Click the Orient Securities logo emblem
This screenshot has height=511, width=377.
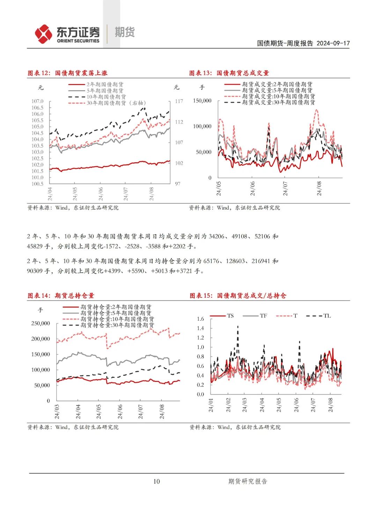tap(43, 34)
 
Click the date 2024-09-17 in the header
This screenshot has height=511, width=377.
tap(333, 43)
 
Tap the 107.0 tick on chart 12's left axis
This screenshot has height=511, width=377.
tap(37, 101)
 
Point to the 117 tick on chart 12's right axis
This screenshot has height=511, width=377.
tap(179, 101)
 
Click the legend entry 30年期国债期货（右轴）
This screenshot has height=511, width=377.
tap(116, 103)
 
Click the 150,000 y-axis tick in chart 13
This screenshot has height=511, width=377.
tap(202, 101)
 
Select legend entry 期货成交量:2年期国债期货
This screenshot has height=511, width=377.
tap(277, 84)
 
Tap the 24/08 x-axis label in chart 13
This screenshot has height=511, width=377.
tap(319, 188)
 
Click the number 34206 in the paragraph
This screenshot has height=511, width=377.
tap(216, 236)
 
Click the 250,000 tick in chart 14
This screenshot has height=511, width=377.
tap(40, 323)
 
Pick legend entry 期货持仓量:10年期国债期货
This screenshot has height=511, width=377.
tap(117, 319)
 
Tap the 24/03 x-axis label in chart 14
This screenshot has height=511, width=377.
tap(57, 412)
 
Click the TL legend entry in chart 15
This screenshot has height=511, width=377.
tap(327, 316)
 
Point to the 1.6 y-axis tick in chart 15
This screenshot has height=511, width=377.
tap(200, 319)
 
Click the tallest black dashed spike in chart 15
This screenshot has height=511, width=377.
tap(238, 327)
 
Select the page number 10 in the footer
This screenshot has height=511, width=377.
tap(156, 481)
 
